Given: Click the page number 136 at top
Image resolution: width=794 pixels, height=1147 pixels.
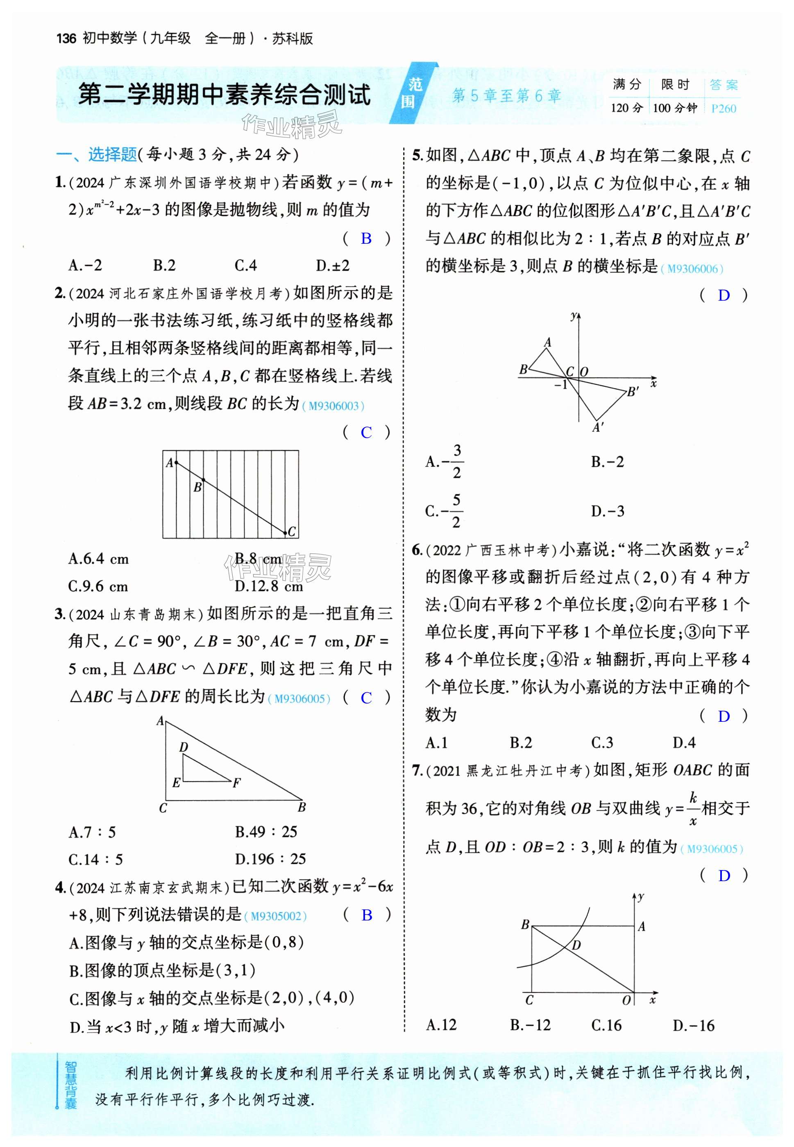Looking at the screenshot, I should pos(66,39).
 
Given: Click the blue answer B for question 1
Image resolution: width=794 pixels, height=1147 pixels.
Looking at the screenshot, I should pos(366,239).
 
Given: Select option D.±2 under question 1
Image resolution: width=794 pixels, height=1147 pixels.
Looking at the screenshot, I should pos(333,265).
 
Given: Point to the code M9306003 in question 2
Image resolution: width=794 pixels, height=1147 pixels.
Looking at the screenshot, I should pos(333,406).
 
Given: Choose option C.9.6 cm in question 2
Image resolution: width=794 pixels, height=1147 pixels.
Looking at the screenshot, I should pos(98,587).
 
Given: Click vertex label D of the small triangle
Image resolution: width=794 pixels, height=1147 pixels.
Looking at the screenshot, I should pos(184,747).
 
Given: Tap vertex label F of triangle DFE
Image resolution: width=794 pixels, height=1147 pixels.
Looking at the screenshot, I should pos(237,783).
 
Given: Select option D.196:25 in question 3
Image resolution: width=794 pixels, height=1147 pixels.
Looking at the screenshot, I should pos(270,859).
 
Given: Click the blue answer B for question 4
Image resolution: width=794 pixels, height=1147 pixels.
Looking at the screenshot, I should pos(367,915).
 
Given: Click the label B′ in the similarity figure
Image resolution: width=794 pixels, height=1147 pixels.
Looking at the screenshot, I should pos(633,392).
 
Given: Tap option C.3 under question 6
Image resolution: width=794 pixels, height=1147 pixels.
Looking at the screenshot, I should pos(602,743).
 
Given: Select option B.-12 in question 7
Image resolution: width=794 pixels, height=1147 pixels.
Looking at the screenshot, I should pos(530,1025).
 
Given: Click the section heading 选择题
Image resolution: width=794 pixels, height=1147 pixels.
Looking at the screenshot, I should pos(112,155).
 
